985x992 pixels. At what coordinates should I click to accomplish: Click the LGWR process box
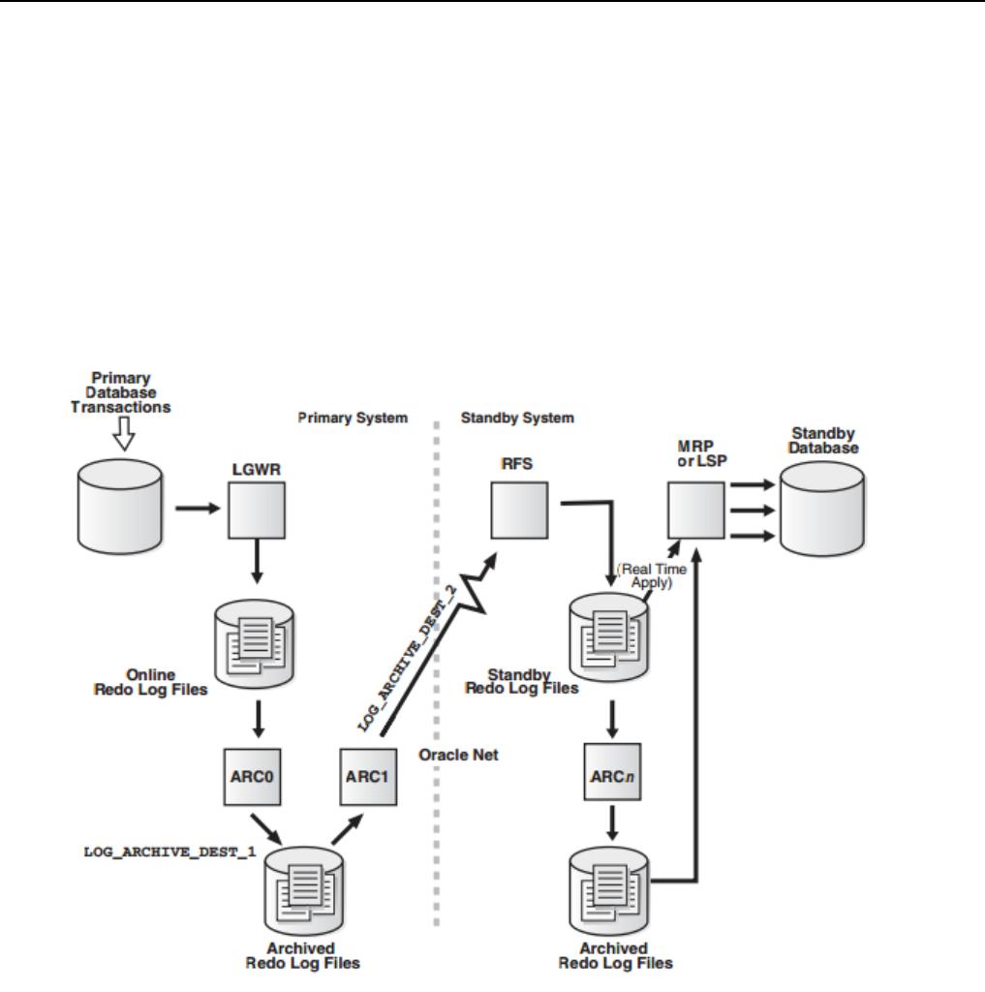[257, 511]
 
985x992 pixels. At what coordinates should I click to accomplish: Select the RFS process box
[519, 511]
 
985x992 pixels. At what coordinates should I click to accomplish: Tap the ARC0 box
[253, 777]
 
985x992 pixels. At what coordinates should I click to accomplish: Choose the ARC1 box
[368, 777]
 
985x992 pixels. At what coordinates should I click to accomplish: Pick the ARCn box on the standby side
[612, 772]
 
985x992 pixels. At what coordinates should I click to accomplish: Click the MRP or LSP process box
[696, 511]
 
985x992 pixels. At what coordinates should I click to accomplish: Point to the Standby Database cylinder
[822, 509]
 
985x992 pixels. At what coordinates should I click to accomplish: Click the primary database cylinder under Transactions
[119, 507]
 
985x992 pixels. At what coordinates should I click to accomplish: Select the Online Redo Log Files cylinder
[255, 644]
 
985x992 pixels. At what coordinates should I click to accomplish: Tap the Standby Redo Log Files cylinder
[609, 637]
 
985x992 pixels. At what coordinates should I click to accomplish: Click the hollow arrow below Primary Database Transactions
[124, 433]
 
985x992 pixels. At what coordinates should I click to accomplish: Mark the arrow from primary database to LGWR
[198, 508]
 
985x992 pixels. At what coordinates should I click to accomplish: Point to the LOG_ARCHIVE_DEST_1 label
[169, 852]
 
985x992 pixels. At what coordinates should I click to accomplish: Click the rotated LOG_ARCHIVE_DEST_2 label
[408, 659]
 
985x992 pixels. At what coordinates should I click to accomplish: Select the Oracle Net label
[459, 755]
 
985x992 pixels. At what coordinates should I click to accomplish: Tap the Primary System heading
[353, 418]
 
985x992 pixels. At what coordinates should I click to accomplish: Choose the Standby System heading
[517, 418]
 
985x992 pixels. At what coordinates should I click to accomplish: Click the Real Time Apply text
[652, 575]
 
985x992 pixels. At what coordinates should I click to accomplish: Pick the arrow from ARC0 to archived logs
[266, 829]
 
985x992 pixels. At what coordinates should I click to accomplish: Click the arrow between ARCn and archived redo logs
[612, 822]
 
